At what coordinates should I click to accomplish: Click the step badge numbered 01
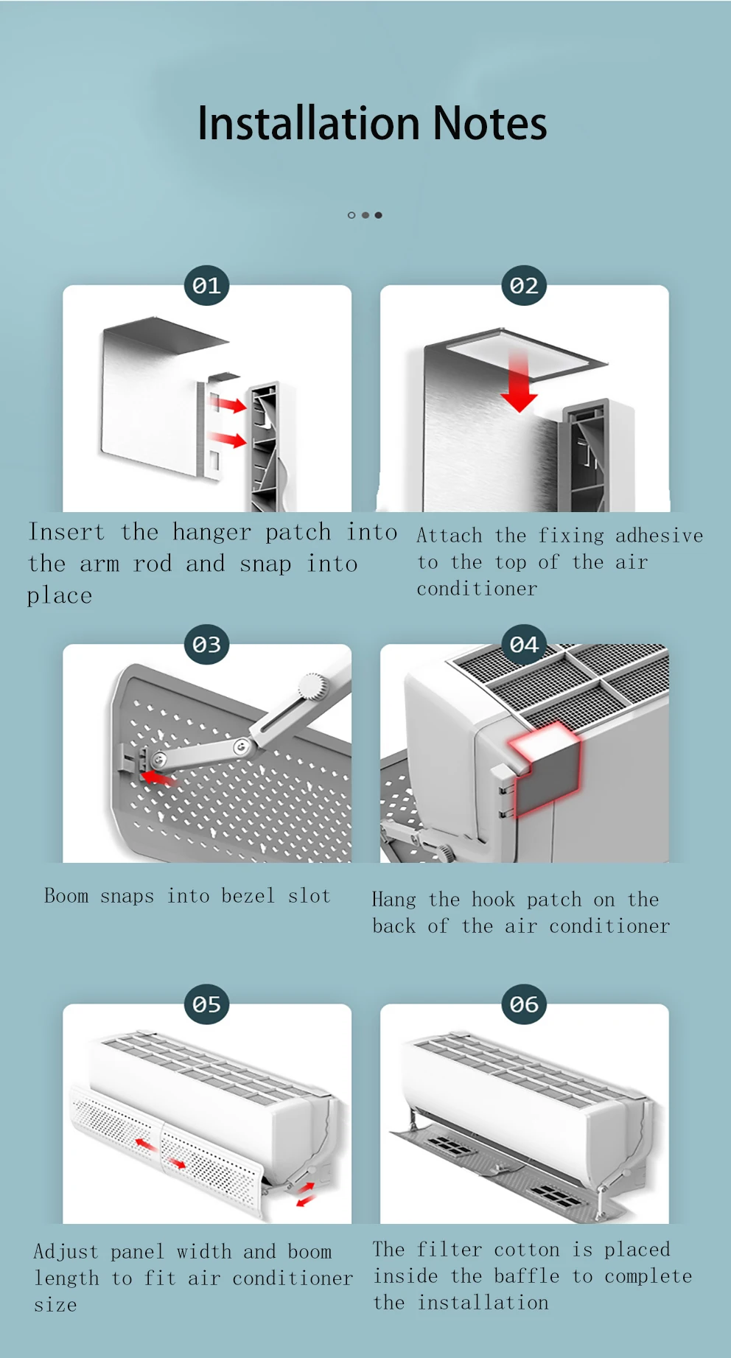[x=206, y=286]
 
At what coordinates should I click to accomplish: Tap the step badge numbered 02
[x=524, y=286]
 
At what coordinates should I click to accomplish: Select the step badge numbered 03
[x=206, y=645]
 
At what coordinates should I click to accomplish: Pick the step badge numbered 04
[x=524, y=645]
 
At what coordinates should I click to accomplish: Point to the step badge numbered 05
[x=206, y=1004]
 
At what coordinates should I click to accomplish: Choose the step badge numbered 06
[x=524, y=1004]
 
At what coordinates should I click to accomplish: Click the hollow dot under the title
[x=351, y=215]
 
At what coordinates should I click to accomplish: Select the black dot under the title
[x=378, y=215]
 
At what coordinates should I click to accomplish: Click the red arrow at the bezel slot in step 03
[x=157, y=777]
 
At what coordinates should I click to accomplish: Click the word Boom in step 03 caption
[x=66, y=896]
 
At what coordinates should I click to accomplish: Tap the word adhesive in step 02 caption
[x=659, y=536]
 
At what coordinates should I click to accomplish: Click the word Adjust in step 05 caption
[x=66, y=1252]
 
